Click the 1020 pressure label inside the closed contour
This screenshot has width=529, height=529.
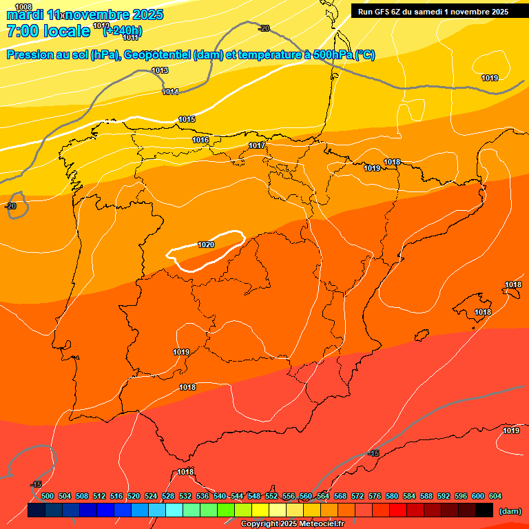pos(206,245)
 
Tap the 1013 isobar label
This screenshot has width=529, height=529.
pos(160,71)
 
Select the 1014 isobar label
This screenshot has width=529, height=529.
pos(170,92)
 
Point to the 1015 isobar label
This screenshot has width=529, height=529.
pos(187,120)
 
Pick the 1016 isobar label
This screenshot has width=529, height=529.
pos(200,141)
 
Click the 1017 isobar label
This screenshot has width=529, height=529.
pos(257,146)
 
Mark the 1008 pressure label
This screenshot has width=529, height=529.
pos(23,6)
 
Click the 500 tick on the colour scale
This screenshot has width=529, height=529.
pos(48,496)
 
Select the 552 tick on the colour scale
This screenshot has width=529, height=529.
pos(271,496)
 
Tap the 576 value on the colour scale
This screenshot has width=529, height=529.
pos(375,496)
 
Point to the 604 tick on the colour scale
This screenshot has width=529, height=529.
pos(495,496)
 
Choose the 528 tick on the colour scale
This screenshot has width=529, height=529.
pos(168,496)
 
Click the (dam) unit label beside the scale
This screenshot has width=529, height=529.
pos(510,510)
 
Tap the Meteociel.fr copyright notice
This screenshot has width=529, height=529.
pos(292,524)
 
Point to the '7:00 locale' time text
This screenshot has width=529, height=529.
pos(48,30)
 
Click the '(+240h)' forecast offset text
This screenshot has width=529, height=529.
pos(123,30)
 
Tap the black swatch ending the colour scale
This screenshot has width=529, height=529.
pos(484,510)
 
